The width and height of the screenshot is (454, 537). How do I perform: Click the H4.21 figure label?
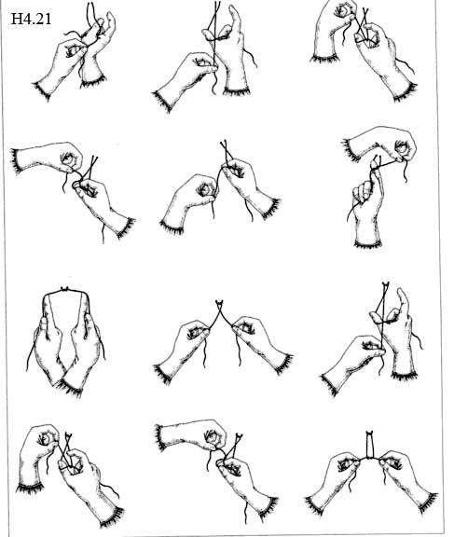coord(31,19)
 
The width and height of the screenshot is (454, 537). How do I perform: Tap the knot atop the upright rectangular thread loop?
coord(369,433)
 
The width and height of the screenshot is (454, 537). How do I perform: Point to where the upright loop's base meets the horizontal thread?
coord(369,458)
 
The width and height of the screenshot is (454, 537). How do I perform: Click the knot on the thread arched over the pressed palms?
coord(64,289)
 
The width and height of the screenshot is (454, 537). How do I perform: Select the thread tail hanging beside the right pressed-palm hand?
coord(102,346)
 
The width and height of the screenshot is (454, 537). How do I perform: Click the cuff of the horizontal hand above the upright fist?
coord(351,149)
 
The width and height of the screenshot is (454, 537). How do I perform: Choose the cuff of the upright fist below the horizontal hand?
coord(367,244)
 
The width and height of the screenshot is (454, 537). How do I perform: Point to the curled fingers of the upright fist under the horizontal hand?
coord(361,192)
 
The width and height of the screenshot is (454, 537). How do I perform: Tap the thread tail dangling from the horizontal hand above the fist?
coord(405,172)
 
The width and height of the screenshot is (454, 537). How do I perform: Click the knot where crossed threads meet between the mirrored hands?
coord(219,302)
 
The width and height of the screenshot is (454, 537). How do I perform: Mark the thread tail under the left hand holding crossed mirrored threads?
coord(205,355)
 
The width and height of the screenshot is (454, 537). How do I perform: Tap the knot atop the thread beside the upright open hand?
coord(386,284)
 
